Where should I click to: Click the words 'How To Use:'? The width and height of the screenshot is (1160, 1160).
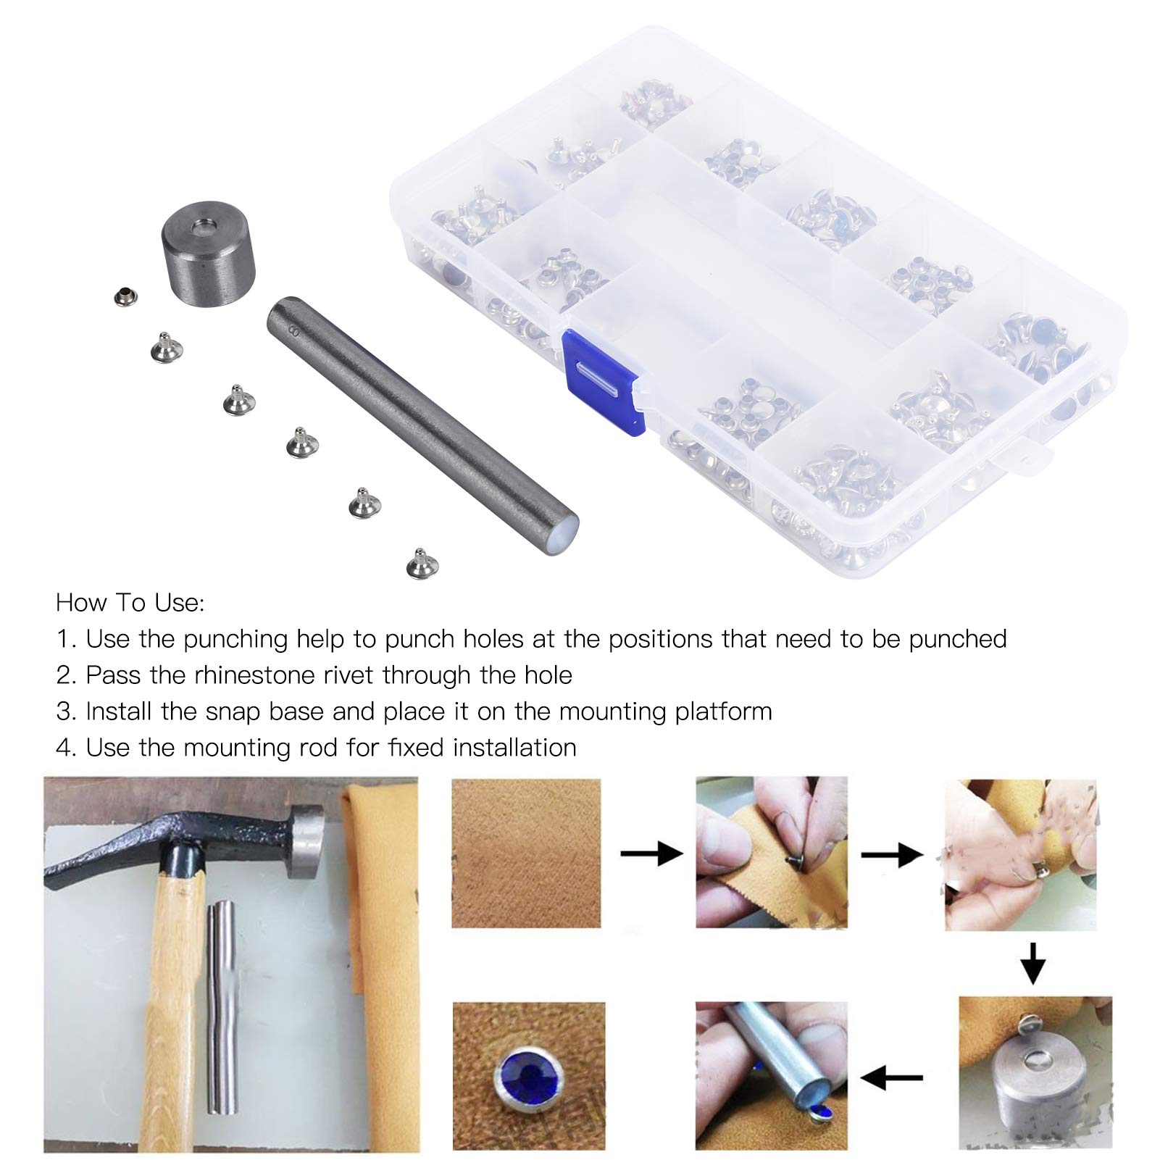pos(130,603)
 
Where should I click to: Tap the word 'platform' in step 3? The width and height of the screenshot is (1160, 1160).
pos(723,712)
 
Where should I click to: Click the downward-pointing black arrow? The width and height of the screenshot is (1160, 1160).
pos(1032,962)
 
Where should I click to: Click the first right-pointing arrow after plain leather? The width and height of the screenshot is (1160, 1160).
pos(651,854)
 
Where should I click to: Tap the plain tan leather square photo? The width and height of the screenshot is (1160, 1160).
pos(526,853)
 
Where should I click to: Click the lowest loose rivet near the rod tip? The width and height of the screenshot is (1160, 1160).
pos(415,563)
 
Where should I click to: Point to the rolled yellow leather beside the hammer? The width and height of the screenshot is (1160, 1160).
pos(380,964)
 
